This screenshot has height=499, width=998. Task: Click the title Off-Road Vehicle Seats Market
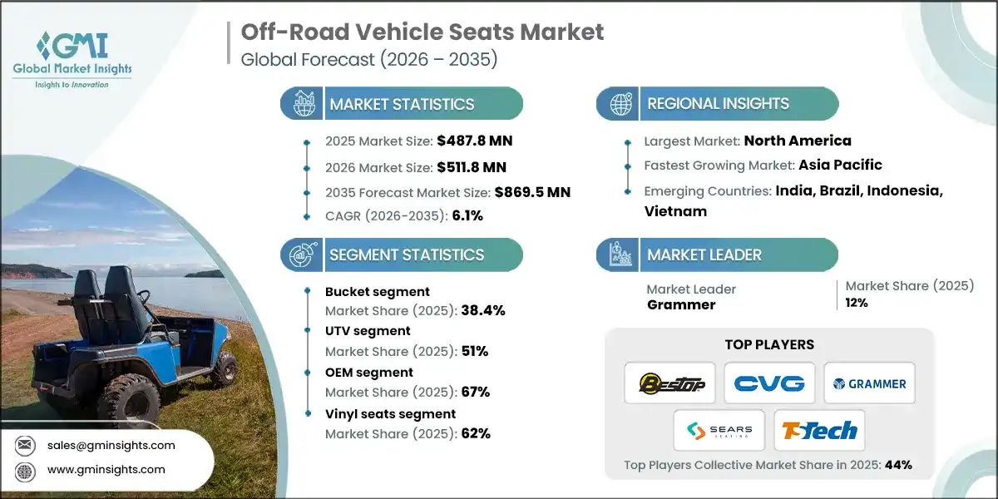(x=422, y=33)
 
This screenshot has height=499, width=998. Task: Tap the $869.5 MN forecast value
(x=532, y=192)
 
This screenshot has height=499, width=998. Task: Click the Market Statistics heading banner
(x=402, y=104)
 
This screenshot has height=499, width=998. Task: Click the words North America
(x=798, y=141)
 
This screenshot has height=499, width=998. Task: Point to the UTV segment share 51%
(x=475, y=351)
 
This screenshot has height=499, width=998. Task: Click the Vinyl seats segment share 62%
(x=476, y=432)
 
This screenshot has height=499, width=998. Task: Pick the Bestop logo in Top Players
(x=669, y=383)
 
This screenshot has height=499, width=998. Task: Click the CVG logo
(x=769, y=383)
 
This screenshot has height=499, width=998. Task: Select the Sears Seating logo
(x=719, y=431)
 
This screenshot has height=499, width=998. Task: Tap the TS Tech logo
(x=819, y=431)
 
